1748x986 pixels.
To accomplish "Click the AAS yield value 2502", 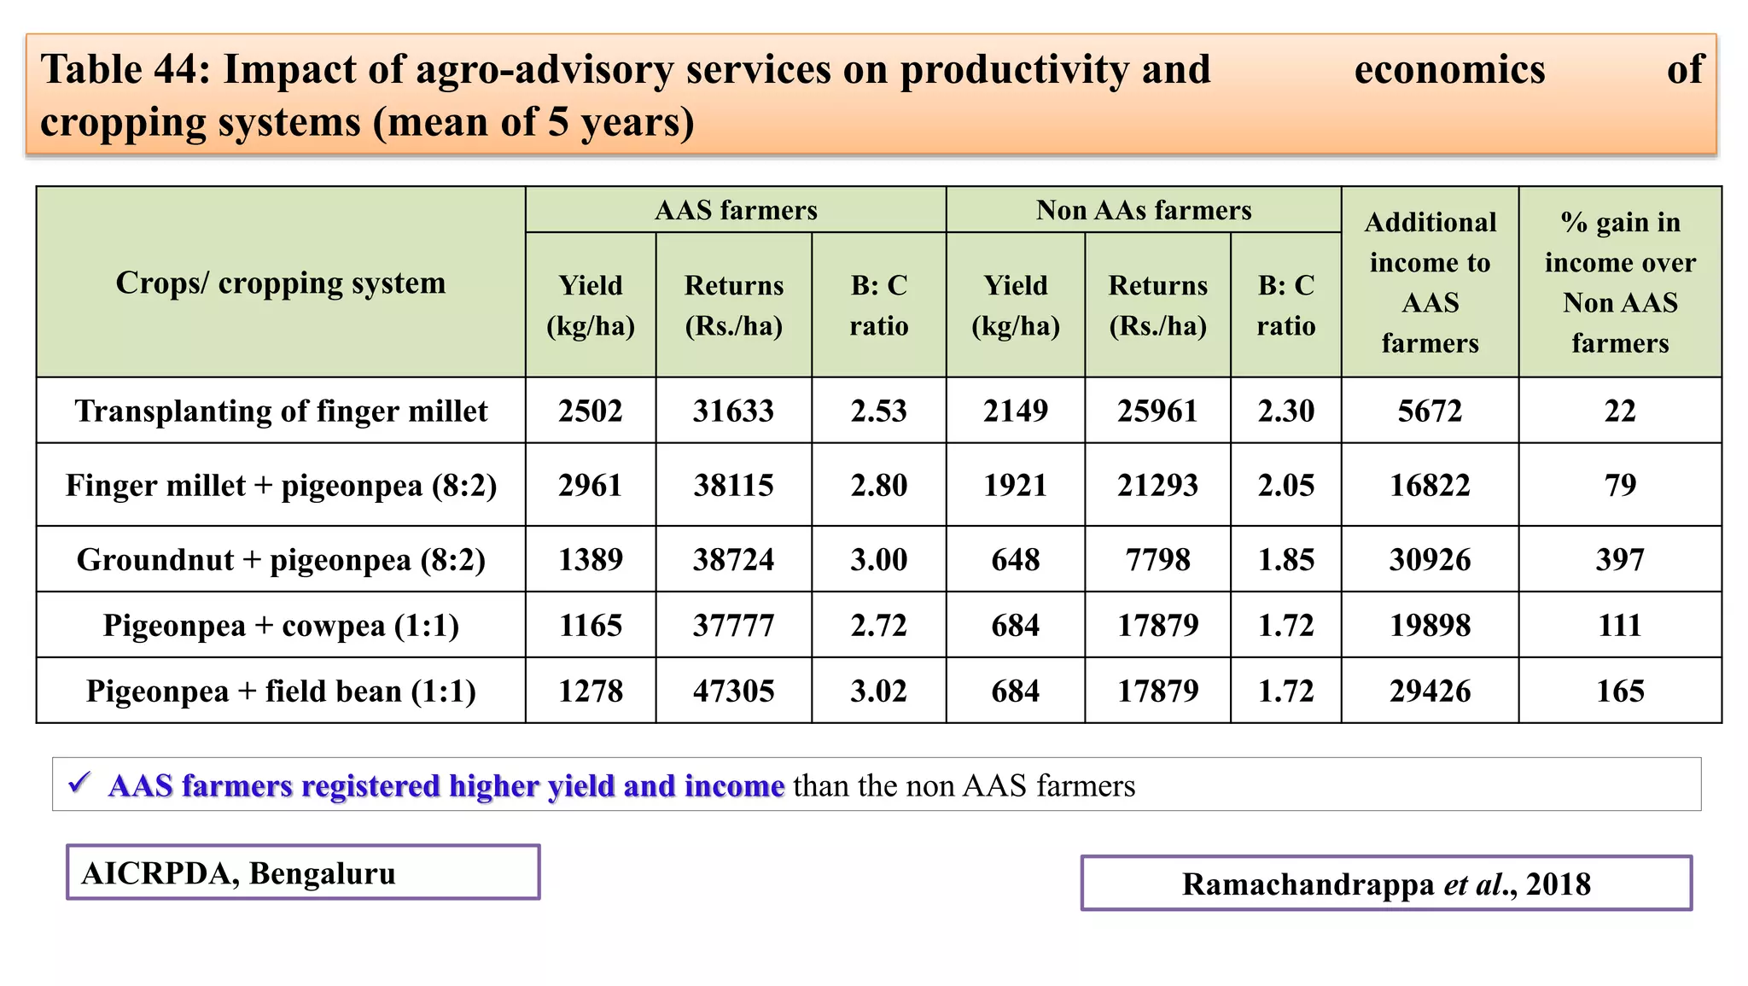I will [591, 411].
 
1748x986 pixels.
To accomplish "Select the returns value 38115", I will [733, 485].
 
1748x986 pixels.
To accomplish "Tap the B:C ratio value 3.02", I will [878, 691].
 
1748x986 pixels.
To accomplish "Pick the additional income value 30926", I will [1430, 559].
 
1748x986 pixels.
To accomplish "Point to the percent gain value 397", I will [1620, 559].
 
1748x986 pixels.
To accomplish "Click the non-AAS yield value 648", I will [1016, 559].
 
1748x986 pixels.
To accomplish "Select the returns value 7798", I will [1157, 559].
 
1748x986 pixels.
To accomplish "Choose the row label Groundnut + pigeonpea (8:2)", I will [281, 559].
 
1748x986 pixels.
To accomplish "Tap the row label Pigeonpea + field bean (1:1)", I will [281, 691].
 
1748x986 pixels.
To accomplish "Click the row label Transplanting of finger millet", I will [281, 411].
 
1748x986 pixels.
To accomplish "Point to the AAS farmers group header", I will [736, 210].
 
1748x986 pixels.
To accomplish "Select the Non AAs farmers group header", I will [1144, 210].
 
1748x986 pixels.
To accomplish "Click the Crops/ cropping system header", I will [281, 283].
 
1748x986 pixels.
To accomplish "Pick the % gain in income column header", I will [1620, 283].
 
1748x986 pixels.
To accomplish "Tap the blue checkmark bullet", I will [79, 782].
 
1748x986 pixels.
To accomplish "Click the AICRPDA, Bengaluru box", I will [303, 872].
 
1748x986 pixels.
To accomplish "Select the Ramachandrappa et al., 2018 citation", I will [1386, 884].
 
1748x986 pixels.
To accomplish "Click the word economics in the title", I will [1449, 70].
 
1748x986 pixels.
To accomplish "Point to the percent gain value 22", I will [1620, 411].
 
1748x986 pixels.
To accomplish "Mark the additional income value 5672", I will [1430, 411].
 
